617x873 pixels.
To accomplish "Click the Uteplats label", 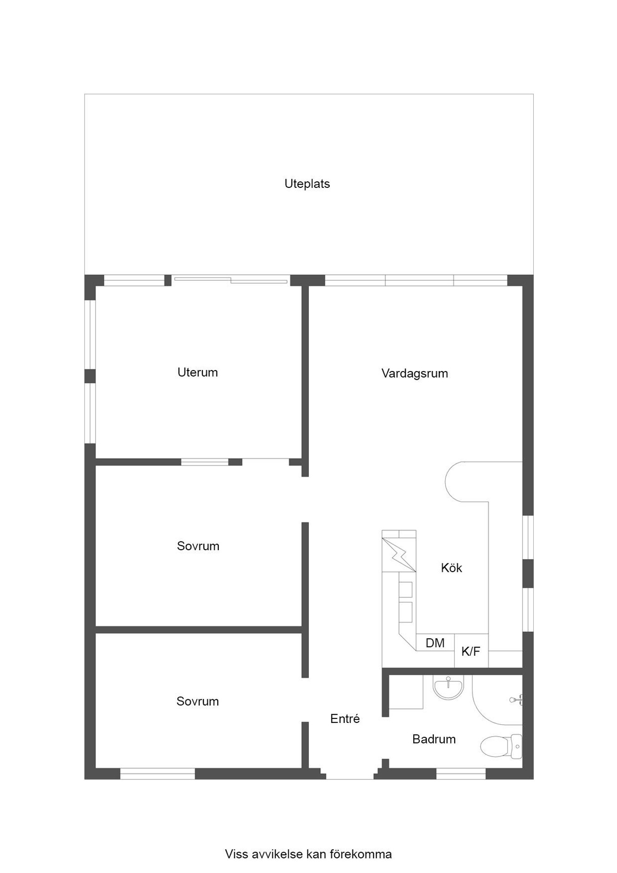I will pos(307,184).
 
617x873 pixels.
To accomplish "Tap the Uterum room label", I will pos(197,372).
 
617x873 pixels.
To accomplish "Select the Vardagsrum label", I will pos(414,373).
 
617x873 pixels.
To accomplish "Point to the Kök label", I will pos(451,568).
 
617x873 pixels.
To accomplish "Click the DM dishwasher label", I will pos(435,643).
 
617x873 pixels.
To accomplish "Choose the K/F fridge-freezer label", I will pos(471,652).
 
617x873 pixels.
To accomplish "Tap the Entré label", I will pos(345,719).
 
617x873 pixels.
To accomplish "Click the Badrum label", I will pos(434,739).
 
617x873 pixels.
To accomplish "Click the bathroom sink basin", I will pos(448,687).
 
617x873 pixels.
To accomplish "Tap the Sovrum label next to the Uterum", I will pos(198,546).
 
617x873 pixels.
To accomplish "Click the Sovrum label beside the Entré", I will pos(197,702).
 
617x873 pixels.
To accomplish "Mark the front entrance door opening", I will pos(350,775).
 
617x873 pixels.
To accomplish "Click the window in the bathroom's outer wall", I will pos(461,773).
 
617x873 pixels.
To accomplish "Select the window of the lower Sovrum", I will pos(157,773).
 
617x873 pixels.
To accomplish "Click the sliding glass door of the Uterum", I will pos(231,280).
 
